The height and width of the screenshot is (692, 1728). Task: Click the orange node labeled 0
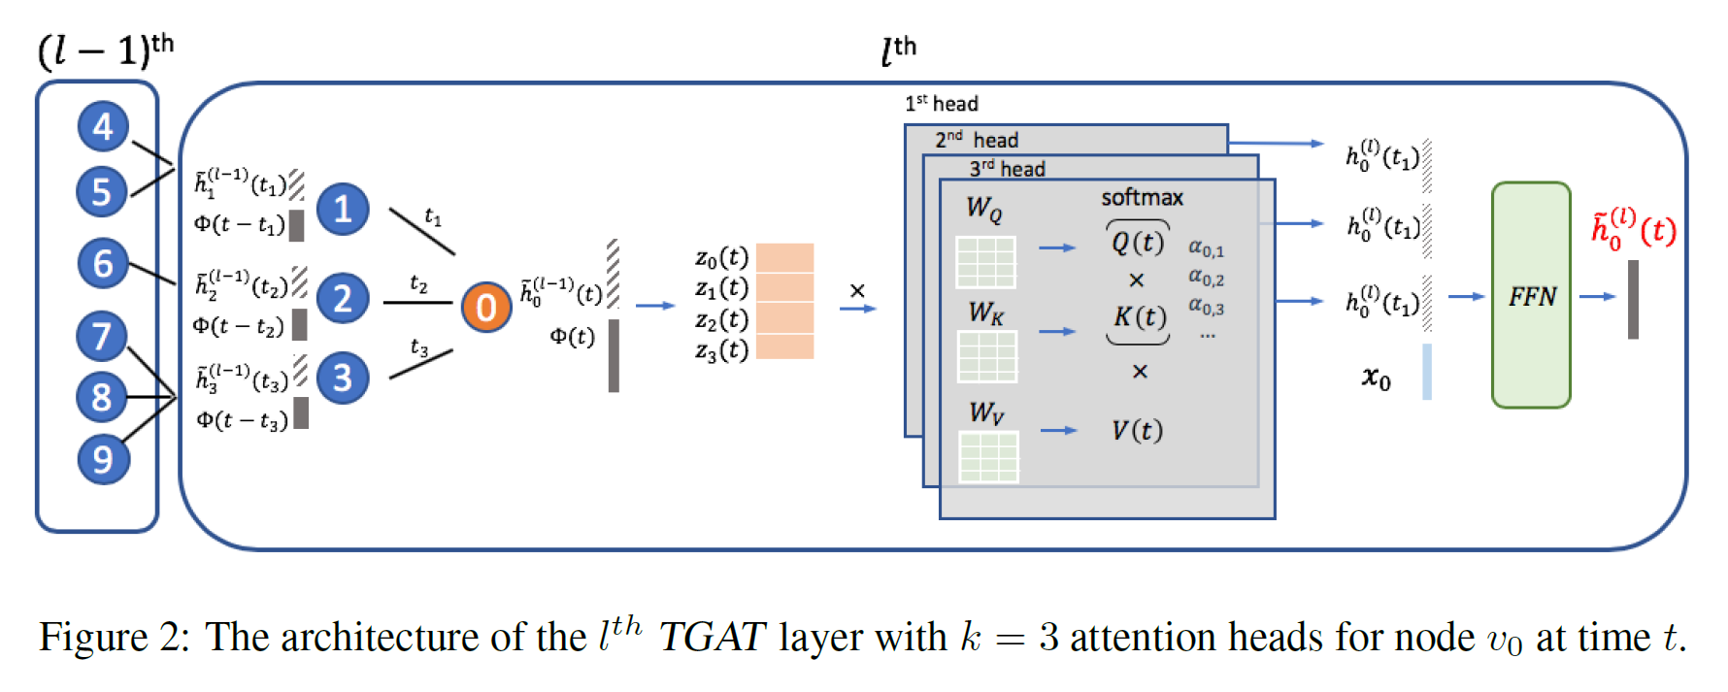tap(485, 307)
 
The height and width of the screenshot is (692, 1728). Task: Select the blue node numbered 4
tap(103, 126)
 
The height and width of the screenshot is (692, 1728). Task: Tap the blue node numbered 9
tap(103, 459)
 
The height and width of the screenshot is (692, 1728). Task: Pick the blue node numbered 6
tap(103, 263)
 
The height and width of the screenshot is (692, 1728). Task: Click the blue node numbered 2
tap(343, 298)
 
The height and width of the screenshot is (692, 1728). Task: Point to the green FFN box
tap(1531, 295)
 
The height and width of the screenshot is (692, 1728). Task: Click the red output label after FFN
tap(1633, 230)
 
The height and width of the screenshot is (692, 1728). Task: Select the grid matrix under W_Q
tap(985, 262)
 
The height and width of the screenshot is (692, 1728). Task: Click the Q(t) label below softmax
tap(1137, 242)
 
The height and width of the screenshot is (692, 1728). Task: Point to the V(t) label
tap(1137, 430)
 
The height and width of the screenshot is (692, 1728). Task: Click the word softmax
tap(1142, 198)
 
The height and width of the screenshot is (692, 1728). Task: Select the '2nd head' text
tap(977, 140)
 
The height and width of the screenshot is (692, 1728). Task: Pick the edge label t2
tap(418, 283)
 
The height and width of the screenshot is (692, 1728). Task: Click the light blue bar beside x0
tap(1427, 372)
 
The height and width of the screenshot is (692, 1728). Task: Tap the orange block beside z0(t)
tap(784, 257)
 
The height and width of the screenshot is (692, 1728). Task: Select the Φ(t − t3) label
tap(242, 420)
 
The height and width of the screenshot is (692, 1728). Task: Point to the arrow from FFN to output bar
tap(1596, 296)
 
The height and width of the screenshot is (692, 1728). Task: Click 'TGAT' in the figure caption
tap(713, 638)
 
